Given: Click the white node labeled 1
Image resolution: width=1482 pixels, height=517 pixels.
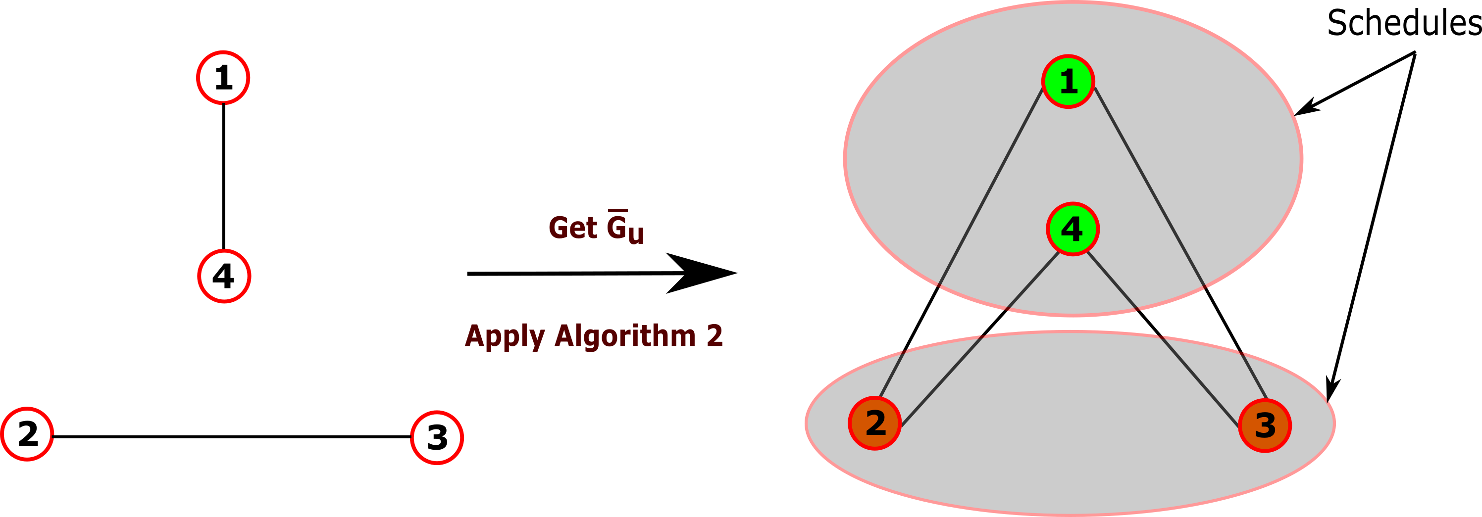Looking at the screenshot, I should [x=223, y=78].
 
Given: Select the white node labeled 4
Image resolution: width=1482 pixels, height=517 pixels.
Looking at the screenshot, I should [x=224, y=276].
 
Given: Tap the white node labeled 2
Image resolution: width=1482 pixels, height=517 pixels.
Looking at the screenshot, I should [x=28, y=434].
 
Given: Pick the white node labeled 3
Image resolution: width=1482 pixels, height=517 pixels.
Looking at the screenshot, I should [x=437, y=438].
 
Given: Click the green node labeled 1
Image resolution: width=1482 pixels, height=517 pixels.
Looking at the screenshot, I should [x=1068, y=82].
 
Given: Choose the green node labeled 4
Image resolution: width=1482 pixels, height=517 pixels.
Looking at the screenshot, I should [x=1073, y=229].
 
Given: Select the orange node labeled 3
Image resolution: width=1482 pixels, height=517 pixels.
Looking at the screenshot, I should [x=1265, y=425].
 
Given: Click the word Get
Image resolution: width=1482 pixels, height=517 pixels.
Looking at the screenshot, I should [x=572, y=228].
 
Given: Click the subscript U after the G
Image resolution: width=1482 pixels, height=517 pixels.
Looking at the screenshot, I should [x=636, y=235].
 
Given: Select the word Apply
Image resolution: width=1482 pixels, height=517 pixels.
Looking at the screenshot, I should [x=505, y=336].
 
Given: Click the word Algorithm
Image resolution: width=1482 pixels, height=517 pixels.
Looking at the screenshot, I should [x=625, y=336].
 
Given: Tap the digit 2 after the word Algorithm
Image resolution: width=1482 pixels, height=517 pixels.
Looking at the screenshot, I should [x=715, y=336].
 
